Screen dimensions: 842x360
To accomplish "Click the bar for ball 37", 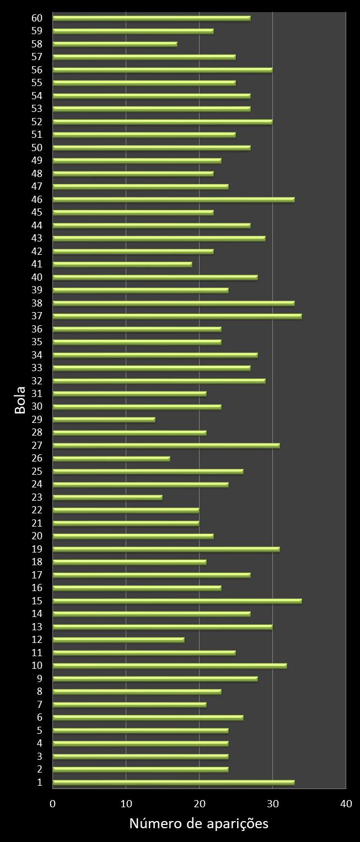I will tap(177, 316).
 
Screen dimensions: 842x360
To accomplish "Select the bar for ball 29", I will tap(104, 420).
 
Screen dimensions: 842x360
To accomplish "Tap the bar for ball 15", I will tap(177, 601).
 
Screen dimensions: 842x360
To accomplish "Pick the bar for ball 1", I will tap(173, 782).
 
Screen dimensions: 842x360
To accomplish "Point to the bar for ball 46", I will tap(173, 200).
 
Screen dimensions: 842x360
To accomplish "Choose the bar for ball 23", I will tap(108, 497).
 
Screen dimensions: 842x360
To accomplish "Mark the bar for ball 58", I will tap(115, 44).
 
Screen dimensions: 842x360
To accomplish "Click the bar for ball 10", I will tap(170, 666).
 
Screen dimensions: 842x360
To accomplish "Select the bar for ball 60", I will tap(152, 18).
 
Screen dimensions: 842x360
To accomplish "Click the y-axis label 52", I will tap(37, 121).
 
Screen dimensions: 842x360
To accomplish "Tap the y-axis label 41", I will tap(37, 264).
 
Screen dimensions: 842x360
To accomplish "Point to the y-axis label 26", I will tap(37, 458).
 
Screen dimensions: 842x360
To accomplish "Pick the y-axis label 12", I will tap(37, 640).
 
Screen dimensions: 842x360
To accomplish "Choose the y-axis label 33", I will tap(37, 368).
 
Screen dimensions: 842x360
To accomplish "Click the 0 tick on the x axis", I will tap(53, 804).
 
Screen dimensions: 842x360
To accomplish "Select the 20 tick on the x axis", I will tap(199, 804).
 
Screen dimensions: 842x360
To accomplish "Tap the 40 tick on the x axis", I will tap(346, 804).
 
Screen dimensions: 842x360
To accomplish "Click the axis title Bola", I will tap(20, 401).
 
